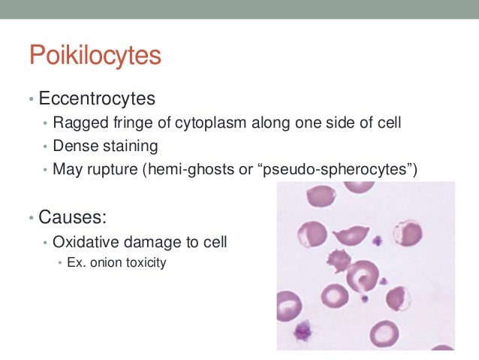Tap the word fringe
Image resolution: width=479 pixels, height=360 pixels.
(128, 123)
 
